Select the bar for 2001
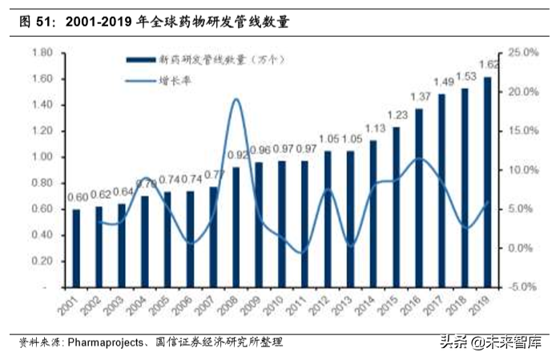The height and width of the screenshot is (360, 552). click(x=76, y=248)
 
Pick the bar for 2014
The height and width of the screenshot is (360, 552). click(x=373, y=213)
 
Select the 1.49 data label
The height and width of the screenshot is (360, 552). click(x=445, y=82)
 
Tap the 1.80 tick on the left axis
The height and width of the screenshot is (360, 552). click(x=42, y=53)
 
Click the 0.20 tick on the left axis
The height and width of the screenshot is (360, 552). click(x=42, y=261)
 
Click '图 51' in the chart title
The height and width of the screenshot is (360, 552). click(x=30, y=22)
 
